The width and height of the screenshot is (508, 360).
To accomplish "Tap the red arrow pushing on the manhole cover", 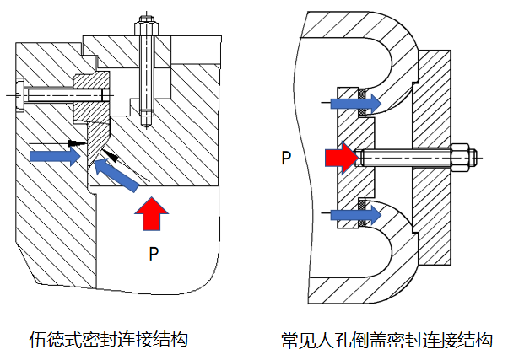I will click(340, 157).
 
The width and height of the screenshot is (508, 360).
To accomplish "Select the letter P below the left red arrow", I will click(153, 251).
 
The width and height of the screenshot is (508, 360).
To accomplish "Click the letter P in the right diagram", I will click(287, 157).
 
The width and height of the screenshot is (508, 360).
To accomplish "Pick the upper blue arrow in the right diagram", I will click(355, 103).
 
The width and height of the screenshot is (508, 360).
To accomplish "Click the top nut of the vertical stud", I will click(146, 25).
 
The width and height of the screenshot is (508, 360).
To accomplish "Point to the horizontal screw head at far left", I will click(21, 95).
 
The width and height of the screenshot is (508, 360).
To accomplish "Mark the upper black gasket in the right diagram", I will click(362, 91).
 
